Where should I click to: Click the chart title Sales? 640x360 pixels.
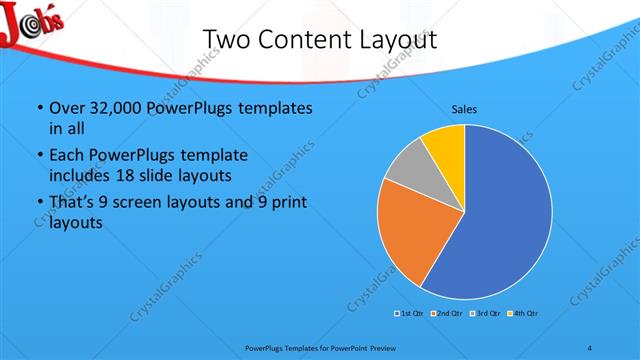[x=464, y=108]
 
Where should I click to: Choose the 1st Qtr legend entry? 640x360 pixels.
[x=410, y=314]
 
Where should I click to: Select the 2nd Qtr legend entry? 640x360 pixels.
[x=447, y=314]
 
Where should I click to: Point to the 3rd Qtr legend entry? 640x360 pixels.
[x=485, y=314]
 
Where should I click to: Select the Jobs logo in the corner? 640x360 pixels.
[x=32, y=26]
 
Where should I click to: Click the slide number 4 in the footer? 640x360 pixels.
[x=590, y=347]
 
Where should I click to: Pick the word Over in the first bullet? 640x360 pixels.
[x=65, y=108]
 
